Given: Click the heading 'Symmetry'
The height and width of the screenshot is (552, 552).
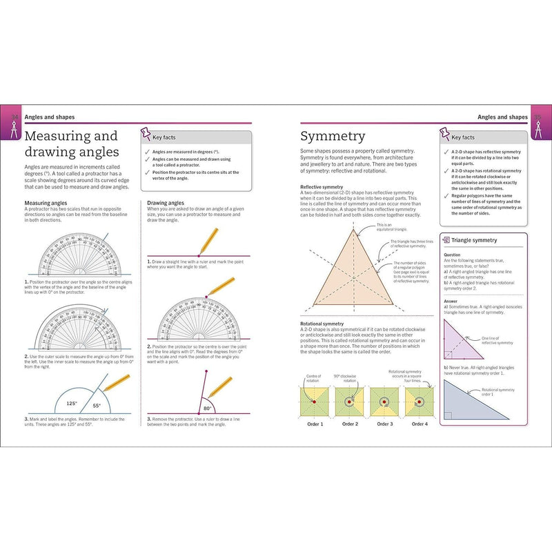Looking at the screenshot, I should click(333, 136).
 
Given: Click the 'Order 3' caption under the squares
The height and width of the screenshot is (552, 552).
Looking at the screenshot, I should click(385, 424).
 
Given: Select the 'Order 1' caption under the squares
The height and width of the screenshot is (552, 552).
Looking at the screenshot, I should click(315, 424).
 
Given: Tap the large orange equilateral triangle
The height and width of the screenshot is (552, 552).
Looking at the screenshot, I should click(353, 276).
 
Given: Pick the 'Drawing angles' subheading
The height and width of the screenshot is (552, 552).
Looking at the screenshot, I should click(166, 202).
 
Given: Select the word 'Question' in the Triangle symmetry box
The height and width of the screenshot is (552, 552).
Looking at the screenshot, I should click(452, 254).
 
